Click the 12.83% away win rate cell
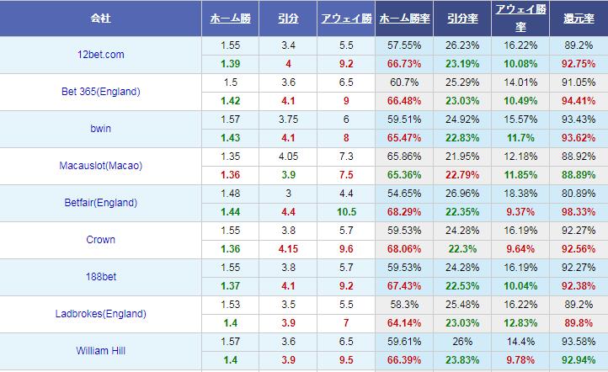coord(520,323)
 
